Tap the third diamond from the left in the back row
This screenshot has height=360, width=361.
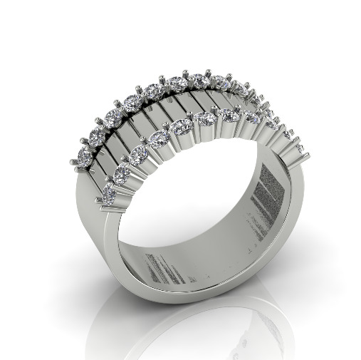point(114,116)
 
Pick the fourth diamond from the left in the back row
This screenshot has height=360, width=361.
point(132,103)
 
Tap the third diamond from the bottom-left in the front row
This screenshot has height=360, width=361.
point(140,152)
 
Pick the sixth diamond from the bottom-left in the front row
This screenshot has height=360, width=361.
point(205,118)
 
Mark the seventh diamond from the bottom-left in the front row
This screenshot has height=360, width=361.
point(230,115)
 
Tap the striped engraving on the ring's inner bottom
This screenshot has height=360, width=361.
point(167,267)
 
